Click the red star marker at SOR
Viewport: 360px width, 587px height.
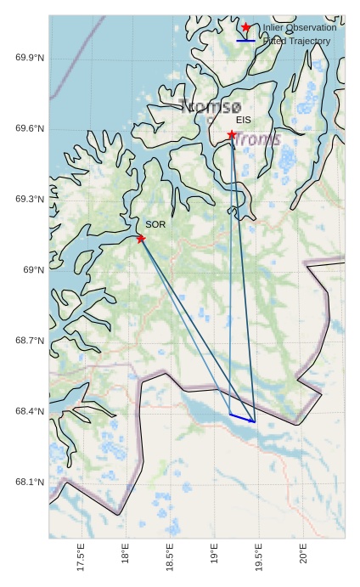(x=141, y=239)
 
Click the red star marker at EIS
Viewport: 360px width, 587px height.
(x=232, y=134)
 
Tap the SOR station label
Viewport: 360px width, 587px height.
(x=155, y=224)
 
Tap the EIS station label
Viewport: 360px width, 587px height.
(x=244, y=121)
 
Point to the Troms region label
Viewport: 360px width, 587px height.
(x=258, y=138)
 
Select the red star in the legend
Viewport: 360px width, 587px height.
(x=246, y=27)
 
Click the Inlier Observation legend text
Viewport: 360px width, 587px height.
(x=300, y=28)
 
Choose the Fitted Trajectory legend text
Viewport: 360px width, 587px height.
(x=296, y=41)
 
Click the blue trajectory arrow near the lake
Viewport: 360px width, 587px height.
(x=242, y=418)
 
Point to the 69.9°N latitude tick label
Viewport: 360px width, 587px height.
(x=30, y=58)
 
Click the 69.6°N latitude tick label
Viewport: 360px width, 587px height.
(x=30, y=128)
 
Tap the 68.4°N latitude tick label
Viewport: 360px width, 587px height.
(x=30, y=411)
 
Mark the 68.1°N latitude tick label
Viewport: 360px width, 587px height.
(x=30, y=483)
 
